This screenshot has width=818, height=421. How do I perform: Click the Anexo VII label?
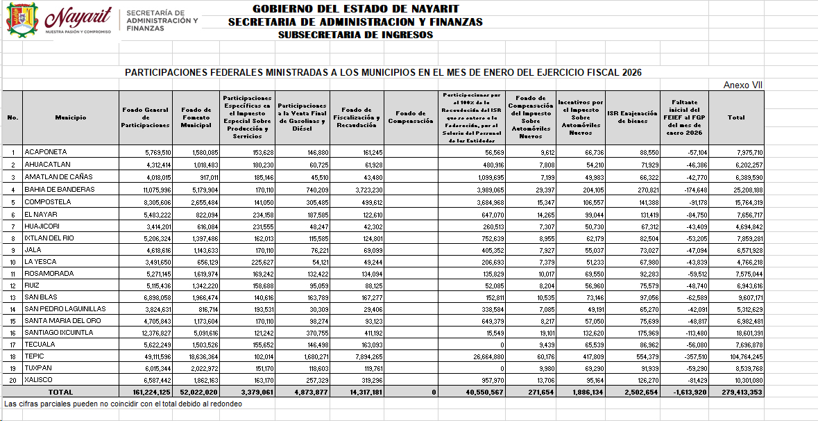click(x=743, y=85)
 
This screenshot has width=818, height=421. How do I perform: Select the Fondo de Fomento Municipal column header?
click(x=196, y=117)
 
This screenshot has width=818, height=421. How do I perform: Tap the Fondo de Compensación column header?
click(x=410, y=117)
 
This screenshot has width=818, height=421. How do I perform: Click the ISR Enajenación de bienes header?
click(x=631, y=117)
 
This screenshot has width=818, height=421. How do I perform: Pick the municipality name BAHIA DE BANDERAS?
click(x=59, y=189)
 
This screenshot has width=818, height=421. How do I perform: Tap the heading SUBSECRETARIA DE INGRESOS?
click(x=355, y=35)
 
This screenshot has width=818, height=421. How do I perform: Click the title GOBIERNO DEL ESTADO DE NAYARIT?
click(x=355, y=9)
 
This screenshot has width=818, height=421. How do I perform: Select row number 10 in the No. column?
click(x=12, y=262)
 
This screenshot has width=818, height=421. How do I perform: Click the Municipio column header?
click(x=71, y=117)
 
